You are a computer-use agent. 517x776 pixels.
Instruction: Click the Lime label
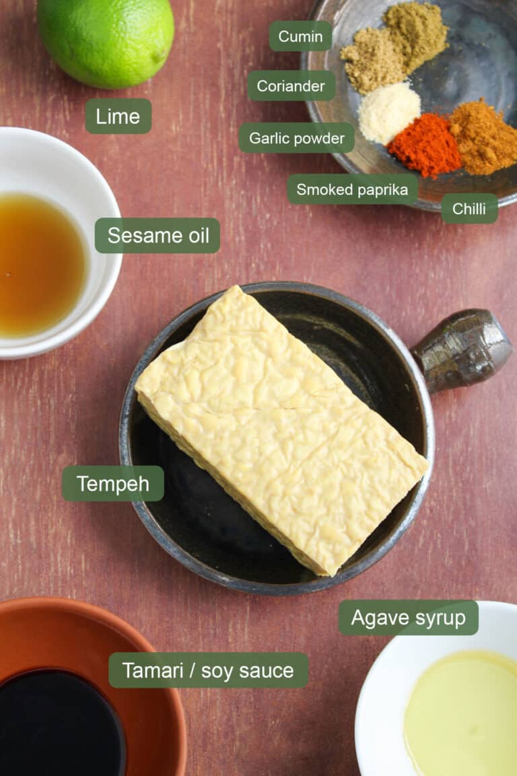point(118,116)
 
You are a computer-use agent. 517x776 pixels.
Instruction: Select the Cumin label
point(300,36)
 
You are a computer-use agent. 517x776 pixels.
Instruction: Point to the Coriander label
point(291,86)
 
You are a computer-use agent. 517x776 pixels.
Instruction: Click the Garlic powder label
point(296,138)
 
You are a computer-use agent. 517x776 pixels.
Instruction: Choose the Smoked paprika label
point(352,189)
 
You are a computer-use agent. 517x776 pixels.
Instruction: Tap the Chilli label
point(469,209)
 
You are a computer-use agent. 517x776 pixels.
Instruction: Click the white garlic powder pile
point(388,112)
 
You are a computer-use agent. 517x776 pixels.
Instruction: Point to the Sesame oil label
point(158,236)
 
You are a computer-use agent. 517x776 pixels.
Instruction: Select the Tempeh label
point(113,484)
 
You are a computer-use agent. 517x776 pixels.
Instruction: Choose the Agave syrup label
point(408,618)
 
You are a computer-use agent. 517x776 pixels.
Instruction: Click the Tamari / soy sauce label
point(208,670)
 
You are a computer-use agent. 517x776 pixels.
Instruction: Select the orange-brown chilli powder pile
point(483,138)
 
